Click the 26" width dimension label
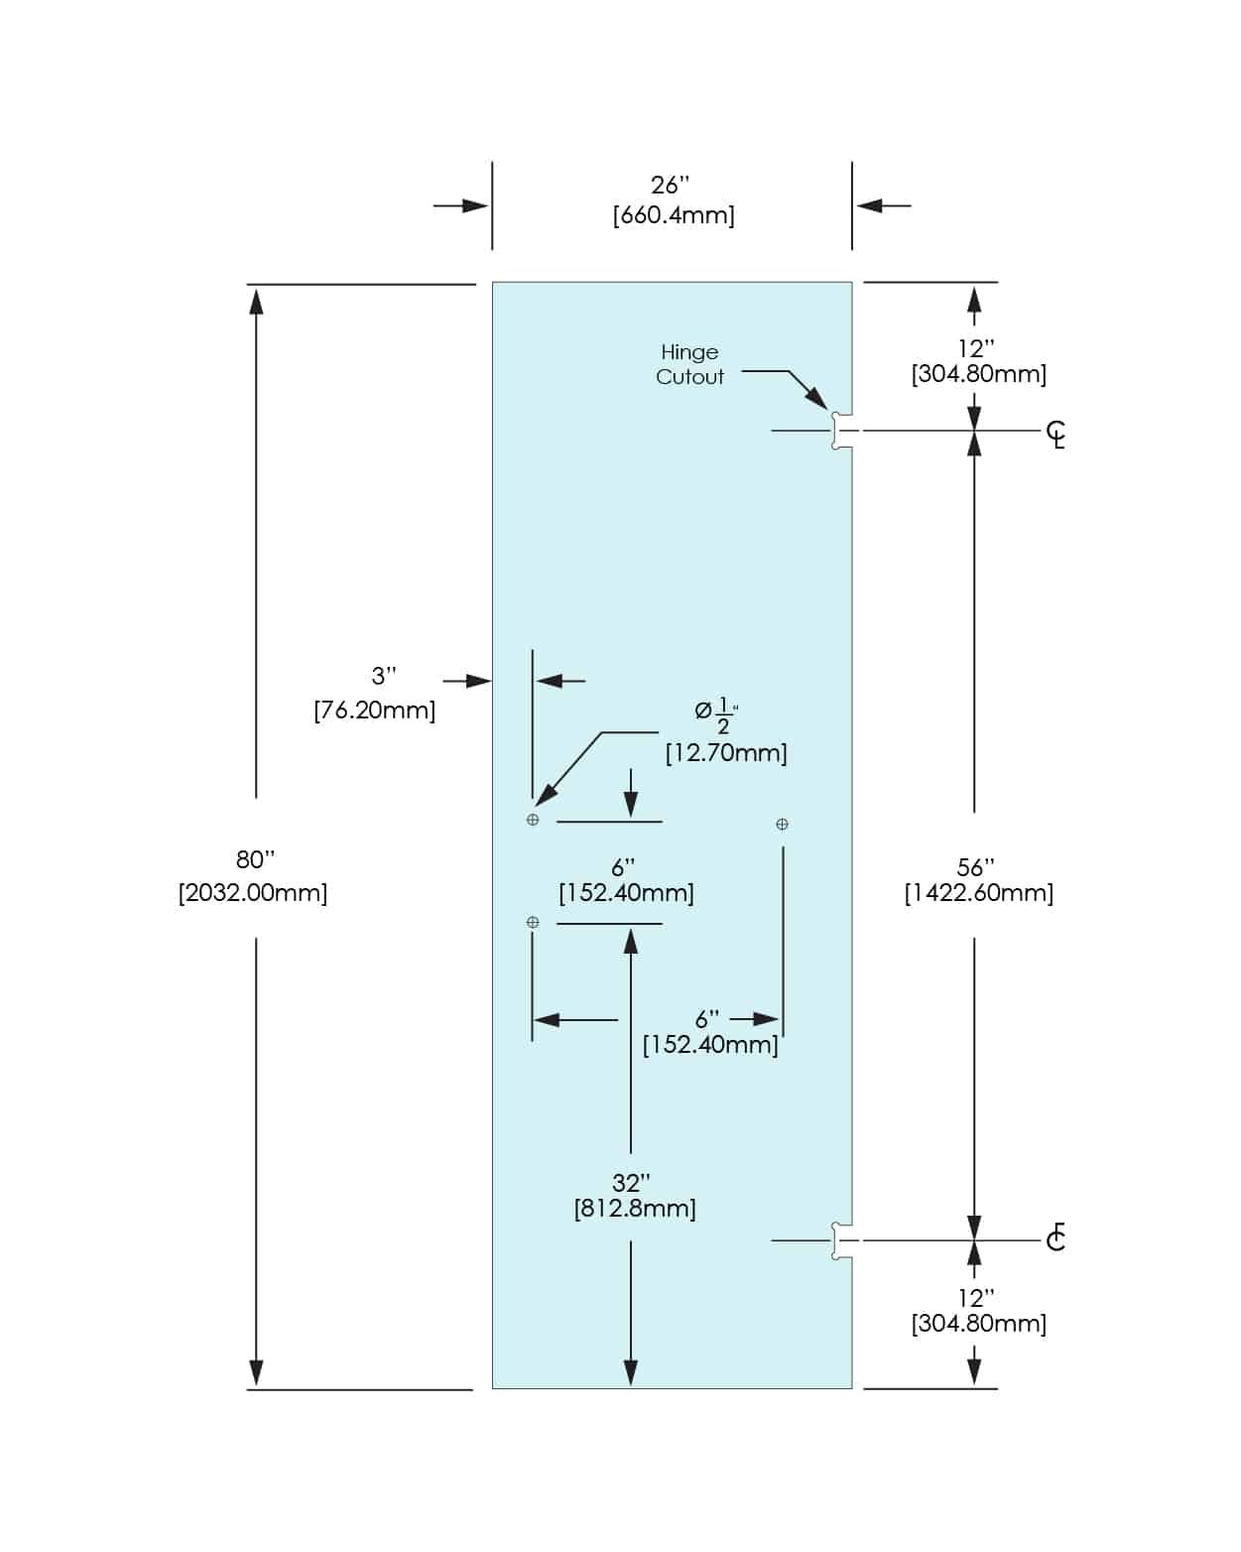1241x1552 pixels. pos(670,186)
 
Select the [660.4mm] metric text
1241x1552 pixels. pos(674,215)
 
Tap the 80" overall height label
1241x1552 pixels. pos(255,859)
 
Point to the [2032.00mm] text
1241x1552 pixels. pos(253,893)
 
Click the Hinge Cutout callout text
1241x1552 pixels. pos(689,364)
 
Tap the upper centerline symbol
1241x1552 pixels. pos(1056,434)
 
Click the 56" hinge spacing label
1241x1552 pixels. pos(975,867)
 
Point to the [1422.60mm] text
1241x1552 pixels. pos(978,893)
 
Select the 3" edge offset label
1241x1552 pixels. pos(384,677)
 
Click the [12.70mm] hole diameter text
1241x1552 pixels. pos(726,753)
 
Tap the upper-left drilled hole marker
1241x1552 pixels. pos(533,820)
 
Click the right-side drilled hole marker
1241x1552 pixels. pos(782,824)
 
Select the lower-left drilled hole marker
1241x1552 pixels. pos(533,922)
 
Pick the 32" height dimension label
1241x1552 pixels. pos(631,1183)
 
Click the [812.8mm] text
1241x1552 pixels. pos(635,1209)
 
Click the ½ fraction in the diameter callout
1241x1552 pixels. pos(724,714)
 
